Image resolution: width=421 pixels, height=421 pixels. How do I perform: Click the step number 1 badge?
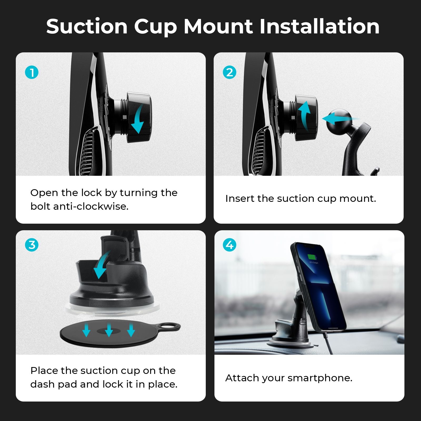click(32, 72)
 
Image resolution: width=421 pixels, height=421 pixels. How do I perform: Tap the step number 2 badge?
click(229, 72)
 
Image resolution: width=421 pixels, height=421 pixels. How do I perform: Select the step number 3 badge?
click(32, 245)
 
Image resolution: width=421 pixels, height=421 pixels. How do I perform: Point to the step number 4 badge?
click(229, 245)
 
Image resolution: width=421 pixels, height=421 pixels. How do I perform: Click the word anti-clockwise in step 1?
click(91, 206)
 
